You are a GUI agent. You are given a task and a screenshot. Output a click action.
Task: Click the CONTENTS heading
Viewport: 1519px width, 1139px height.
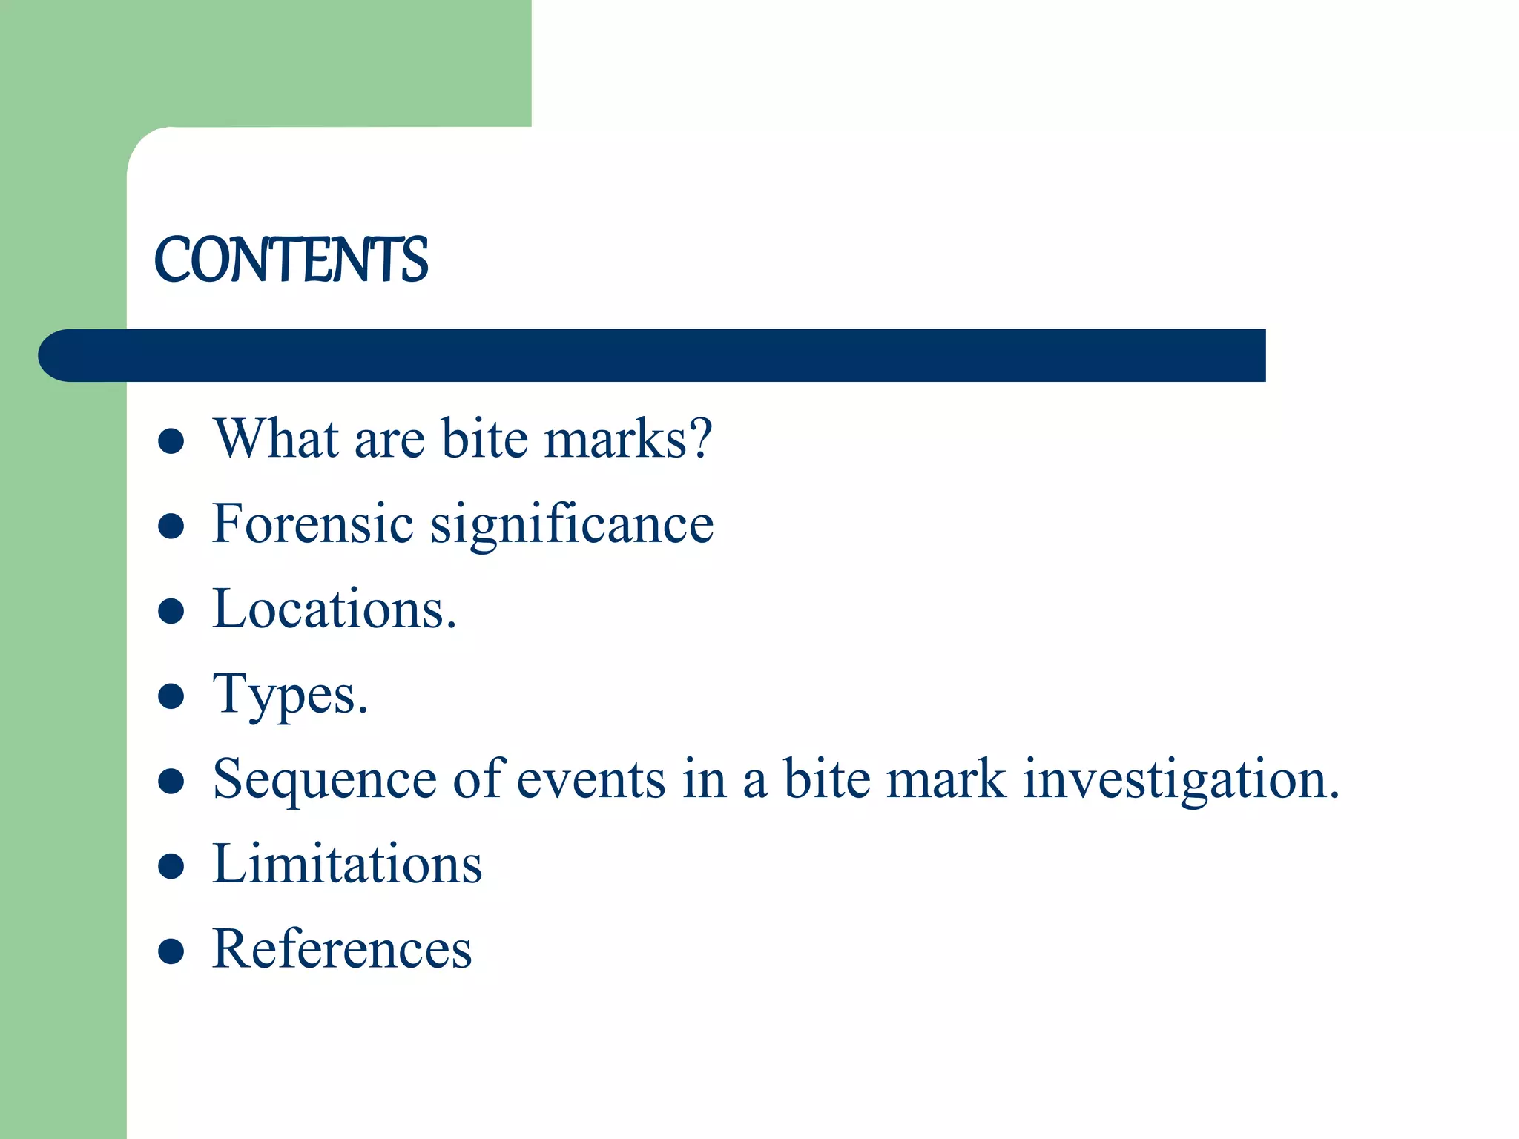291,260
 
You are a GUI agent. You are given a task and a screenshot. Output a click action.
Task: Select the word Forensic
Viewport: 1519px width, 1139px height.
312,524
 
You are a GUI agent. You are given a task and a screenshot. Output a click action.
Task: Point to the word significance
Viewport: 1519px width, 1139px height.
572,525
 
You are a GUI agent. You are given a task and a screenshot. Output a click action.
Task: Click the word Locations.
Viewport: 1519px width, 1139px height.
334,609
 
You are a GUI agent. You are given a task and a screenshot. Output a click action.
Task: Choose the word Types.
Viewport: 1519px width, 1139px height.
290,696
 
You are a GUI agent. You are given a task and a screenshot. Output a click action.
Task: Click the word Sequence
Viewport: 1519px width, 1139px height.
324,780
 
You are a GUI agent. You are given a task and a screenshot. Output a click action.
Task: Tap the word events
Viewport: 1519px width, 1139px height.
590,780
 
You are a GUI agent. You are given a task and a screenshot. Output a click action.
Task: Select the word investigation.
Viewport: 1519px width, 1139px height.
1181,780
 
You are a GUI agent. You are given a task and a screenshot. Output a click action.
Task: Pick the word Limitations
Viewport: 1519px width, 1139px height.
347,865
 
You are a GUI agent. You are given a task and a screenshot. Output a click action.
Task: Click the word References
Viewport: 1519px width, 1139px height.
342,949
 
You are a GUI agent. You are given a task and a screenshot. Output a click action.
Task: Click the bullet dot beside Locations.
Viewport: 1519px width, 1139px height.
171,612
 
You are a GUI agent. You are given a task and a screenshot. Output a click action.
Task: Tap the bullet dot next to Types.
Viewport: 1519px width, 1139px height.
171,697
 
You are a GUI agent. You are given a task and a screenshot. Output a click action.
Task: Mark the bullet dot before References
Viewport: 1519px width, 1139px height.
171,951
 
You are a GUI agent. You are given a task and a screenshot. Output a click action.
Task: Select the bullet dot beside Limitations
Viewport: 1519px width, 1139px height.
171,867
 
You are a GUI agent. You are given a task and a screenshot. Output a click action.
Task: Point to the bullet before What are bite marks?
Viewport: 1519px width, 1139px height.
171,441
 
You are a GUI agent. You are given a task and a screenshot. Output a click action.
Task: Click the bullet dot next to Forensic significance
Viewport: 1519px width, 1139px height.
171,526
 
